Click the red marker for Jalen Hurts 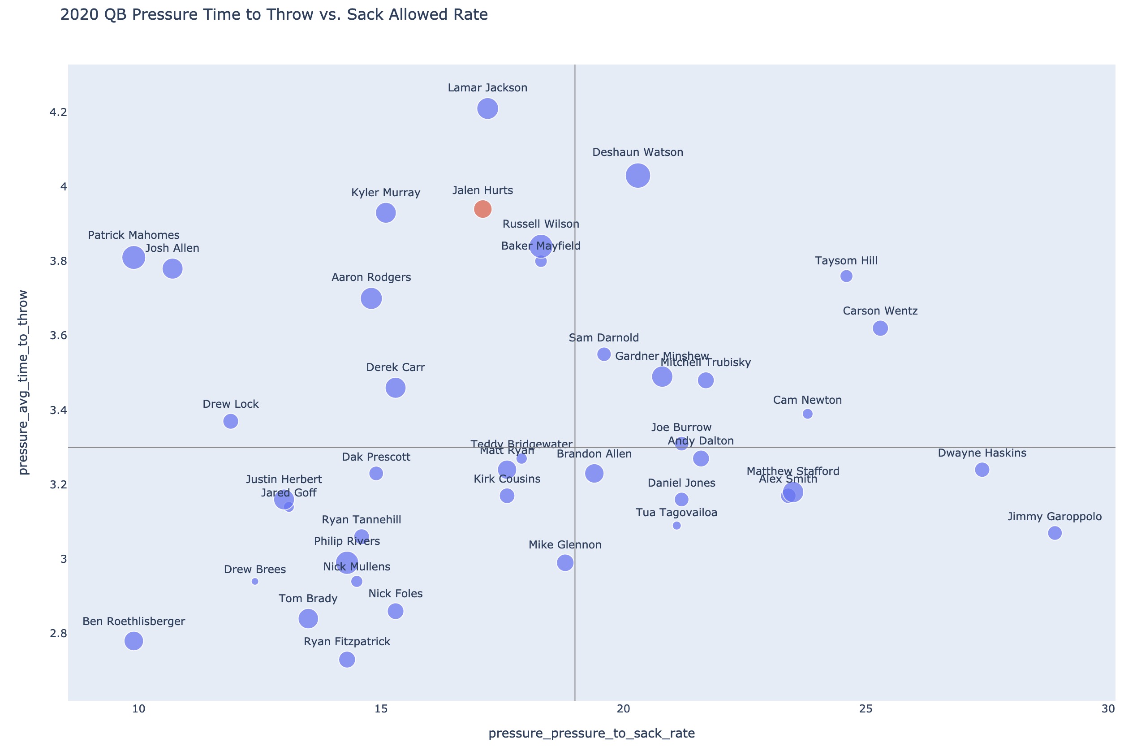pos(482,209)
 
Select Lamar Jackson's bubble pos(487,109)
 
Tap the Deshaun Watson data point pos(637,176)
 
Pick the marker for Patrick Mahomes pos(134,258)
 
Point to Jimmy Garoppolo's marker pos(1055,533)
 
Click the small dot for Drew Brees pos(255,582)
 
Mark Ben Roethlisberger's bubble pos(134,641)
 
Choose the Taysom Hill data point pos(846,276)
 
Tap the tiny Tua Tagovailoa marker pos(676,526)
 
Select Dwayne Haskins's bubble pos(982,470)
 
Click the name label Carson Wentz pos(880,311)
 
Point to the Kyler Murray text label pos(385,193)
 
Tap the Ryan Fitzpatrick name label pos(347,642)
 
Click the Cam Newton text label pos(807,401)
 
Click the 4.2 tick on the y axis pos(58,112)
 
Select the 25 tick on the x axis pos(866,709)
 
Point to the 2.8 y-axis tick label pos(58,634)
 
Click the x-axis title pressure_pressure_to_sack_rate pos(591,733)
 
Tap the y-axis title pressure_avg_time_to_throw pos(23,382)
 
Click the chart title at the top pos(274,15)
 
